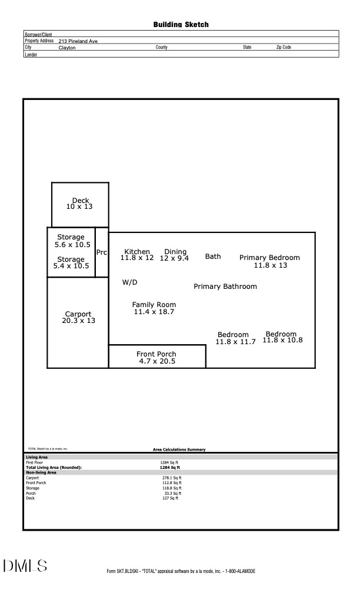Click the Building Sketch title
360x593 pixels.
pos(181,25)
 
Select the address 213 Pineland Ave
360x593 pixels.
pos(78,41)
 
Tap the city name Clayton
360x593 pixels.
pos(67,48)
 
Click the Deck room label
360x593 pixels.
pos(81,201)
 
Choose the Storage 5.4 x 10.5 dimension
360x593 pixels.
pos(71,266)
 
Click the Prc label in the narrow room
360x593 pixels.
pos(102,252)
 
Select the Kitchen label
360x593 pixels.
pos(137,252)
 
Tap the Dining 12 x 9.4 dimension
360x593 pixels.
pos(174,258)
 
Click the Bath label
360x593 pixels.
pos(213,256)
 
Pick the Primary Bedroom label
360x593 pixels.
pos(269,258)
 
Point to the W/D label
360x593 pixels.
pos(129,282)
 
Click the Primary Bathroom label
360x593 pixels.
pos(225,286)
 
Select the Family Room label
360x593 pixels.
pos(154,305)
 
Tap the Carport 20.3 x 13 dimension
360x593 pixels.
pos(78,321)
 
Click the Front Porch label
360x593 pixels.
pos(156,354)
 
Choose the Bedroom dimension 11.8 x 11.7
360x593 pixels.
pos(235,342)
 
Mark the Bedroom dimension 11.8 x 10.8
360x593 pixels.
pos(282,340)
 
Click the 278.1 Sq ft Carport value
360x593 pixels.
pos(172,478)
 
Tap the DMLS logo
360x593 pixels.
pos(25,566)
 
